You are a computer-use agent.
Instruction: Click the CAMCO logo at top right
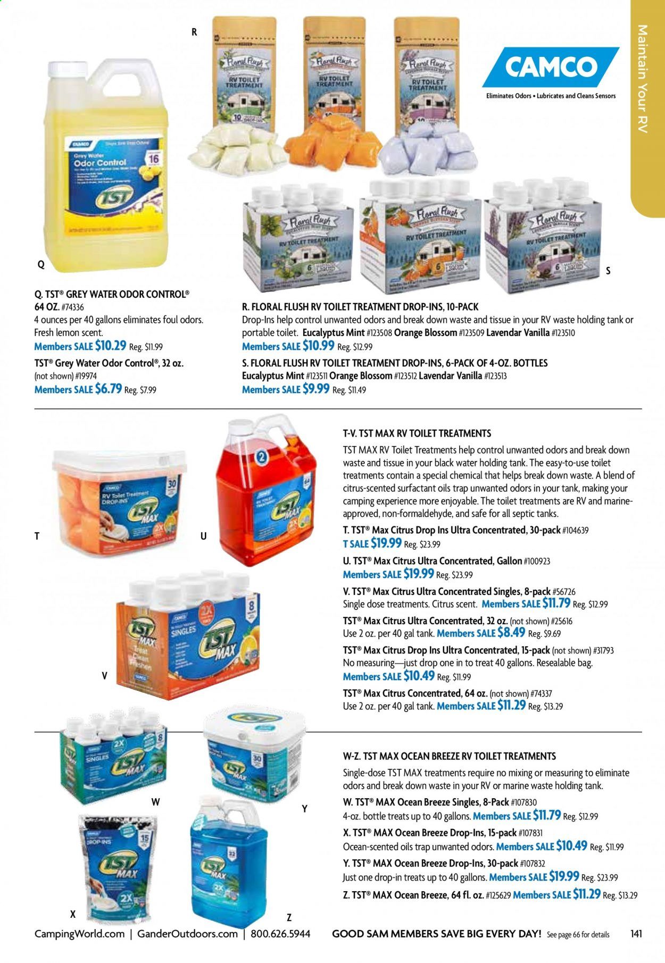(x=550, y=67)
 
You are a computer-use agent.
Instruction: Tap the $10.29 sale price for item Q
(x=111, y=346)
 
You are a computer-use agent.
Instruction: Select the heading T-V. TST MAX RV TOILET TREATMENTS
(x=417, y=433)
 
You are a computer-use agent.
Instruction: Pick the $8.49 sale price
(x=511, y=633)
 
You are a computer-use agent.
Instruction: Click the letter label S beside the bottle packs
(x=608, y=271)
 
